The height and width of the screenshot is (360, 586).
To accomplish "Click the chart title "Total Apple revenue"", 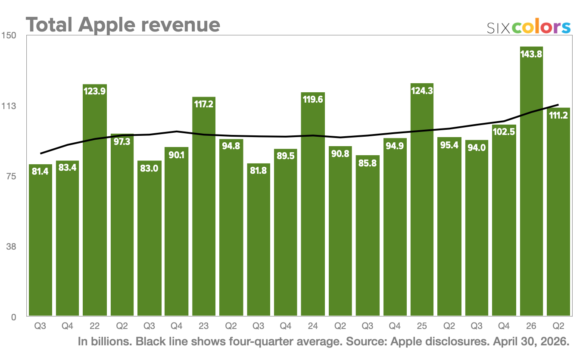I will pyautogui.click(x=123, y=25).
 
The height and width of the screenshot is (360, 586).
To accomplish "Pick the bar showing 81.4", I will pyautogui.click(x=40, y=241).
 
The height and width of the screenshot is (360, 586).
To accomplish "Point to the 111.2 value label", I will pyautogui.click(x=558, y=115).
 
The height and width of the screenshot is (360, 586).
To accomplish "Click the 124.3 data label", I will pyautogui.click(x=422, y=91).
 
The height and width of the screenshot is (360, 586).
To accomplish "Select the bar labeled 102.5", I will pyautogui.click(x=504, y=220).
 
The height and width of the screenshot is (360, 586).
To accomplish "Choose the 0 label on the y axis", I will pyautogui.click(x=13, y=317).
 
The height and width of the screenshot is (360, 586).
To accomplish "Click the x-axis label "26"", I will pyautogui.click(x=531, y=326).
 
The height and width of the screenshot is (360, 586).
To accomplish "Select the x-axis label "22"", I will pyautogui.click(x=94, y=326).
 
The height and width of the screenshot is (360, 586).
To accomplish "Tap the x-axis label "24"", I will pyautogui.click(x=312, y=326).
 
